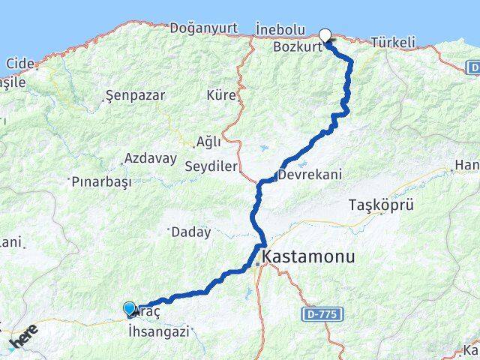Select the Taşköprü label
(381, 205)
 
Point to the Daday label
(191, 232)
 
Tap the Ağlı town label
(208, 141)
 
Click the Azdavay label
(151, 159)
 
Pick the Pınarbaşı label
(101, 181)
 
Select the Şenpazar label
(136, 96)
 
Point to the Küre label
(221, 95)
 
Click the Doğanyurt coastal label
(202, 28)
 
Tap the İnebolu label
(280, 29)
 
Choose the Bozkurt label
(298, 46)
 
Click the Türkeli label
(393, 43)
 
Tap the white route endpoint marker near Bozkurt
(325, 34)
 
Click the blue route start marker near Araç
(129, 308)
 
